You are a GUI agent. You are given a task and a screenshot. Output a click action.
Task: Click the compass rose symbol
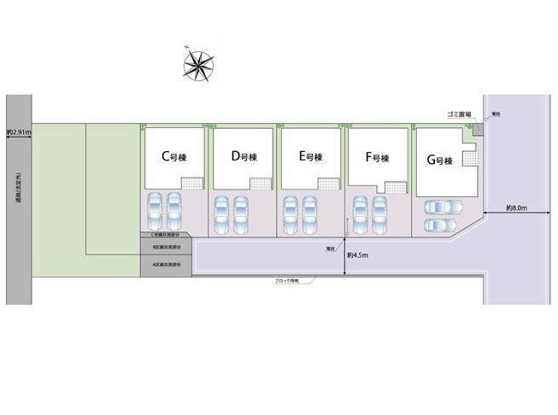[x=201, y=64]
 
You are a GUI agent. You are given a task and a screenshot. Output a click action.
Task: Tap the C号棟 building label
[x=174, y=157]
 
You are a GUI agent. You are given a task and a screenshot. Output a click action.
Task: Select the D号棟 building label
[x=243, y=157]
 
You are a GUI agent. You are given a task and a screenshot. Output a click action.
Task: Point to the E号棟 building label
[x=311, y=157]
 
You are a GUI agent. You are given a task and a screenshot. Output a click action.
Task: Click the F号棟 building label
[x=377, y=158]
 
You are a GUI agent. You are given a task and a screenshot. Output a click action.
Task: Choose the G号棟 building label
[x=439, y=161]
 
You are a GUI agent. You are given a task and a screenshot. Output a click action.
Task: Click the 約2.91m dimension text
[x=18, y=132]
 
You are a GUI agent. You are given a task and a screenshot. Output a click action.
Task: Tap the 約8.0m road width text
[x=516, y=207]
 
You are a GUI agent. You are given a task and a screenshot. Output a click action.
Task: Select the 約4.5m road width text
[x=358, y=254]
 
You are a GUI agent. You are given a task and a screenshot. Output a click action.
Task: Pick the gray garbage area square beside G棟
[x=478, y=130]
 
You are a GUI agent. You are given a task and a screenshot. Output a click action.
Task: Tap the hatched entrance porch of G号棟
[x=469, y=160]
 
